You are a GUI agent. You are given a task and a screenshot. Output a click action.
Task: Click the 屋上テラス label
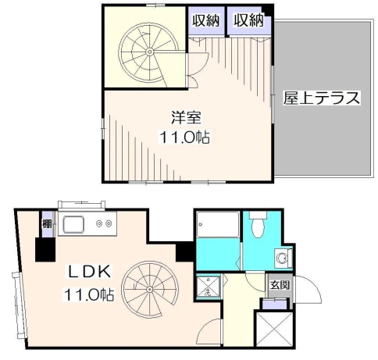coord(322,98)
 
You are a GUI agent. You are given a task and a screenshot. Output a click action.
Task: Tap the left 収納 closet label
coord(206,20)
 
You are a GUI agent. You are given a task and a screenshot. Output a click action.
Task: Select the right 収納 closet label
coord(248,20)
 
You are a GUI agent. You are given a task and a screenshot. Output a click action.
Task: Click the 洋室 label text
coord(186,117)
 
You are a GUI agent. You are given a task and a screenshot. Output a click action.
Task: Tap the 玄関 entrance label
coord(280,285)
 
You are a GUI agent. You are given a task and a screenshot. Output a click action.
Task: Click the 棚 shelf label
coord(47,223)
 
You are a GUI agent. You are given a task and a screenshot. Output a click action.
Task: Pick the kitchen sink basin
coord(73,225)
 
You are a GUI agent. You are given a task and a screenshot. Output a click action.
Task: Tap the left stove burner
coord(99,223)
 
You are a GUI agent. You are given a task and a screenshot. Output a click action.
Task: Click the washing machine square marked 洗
coord(209,287)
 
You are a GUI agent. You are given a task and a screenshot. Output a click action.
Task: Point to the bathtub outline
coord(218,224)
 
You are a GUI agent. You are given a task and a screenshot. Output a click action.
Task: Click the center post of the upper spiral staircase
coord(149,52)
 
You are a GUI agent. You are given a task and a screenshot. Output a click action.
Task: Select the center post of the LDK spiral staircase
coord(149,289)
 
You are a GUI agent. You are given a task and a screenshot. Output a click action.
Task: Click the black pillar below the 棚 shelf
coord(45,249)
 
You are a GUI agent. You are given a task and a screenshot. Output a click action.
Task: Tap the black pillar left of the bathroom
coord(184,251)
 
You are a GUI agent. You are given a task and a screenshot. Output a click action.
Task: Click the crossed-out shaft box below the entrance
coord(274,329)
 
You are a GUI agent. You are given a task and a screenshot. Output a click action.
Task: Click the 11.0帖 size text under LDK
coord(89,294)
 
